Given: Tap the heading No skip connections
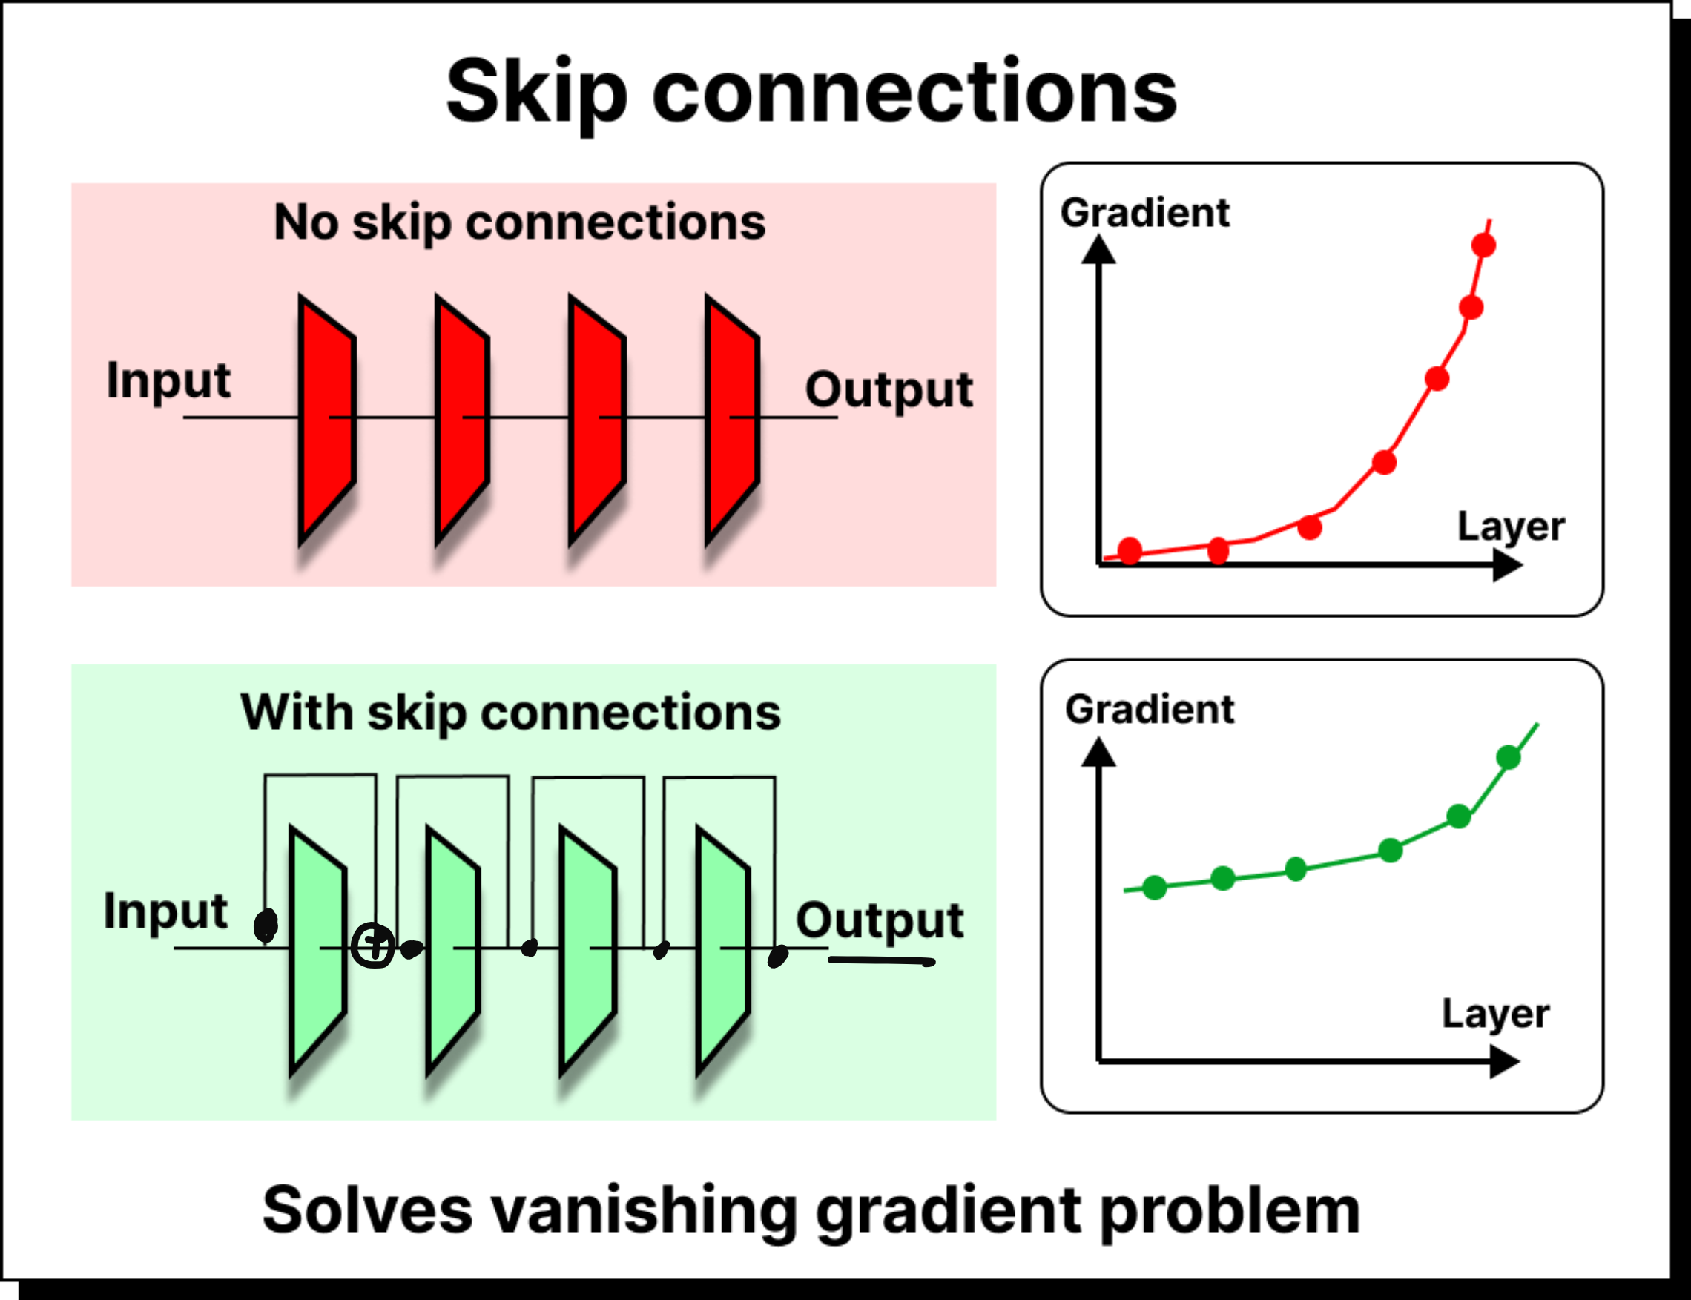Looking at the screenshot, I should pyautogui.click(x=519, y=223).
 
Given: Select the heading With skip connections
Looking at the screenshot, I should pyautogui.click(x=511, y=712).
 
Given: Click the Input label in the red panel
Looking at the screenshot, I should pyautogui.click(x=168, y=380).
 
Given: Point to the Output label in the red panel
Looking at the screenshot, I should pyautogui.click(x=889, y=389).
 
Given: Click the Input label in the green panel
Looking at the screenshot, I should pyautogui.click(x=165, y=911).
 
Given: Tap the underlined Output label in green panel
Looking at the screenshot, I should pyautogui.click(x=880, y=921).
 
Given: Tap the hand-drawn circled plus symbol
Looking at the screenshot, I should pyautogui.click(x=373, y=946).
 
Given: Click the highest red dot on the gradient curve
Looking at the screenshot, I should pyautogui.click(x=1483, y=246).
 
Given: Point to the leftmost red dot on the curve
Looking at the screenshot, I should pyautogui.click(x=1130, y=550).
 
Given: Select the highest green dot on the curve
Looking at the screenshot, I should pyautogui.click(x=1509, y=758).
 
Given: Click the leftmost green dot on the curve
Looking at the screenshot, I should pyautogui.click(x=1155, y=888).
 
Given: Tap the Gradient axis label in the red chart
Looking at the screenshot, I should pyautogui.click(x=1144, y=214).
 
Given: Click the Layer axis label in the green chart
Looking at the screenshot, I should pyautogui.click(x=1495, y=1014).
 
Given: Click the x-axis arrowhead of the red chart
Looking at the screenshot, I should pyautogui.click(x=1507, y=565).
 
